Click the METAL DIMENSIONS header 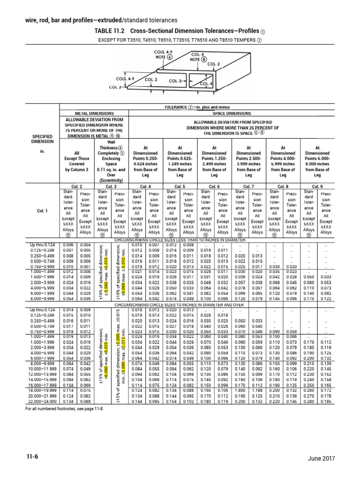[x=94, y=113]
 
